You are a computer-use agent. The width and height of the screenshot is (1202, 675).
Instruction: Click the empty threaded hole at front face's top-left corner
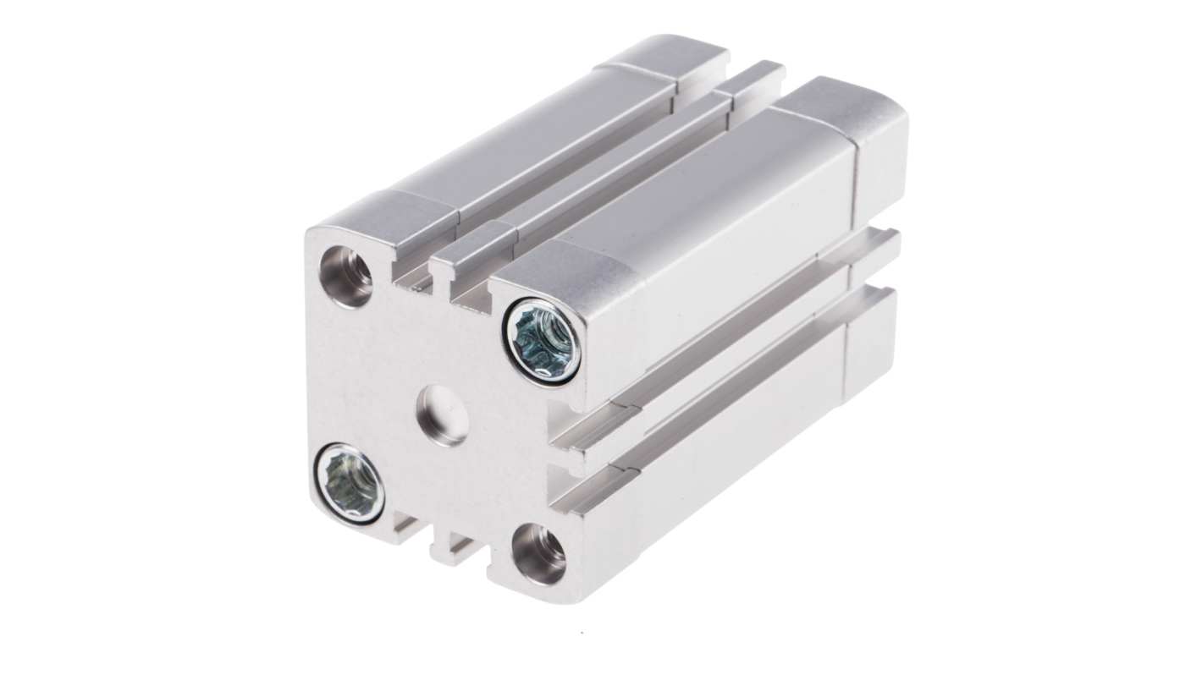click(x=345, y=276)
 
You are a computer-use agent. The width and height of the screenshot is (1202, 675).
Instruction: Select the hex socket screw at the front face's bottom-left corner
click(x=349, y=484)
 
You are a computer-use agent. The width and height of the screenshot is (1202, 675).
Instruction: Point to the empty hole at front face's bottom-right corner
click(x=540, y=555)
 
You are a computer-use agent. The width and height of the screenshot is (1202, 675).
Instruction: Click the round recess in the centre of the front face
click(x=442, y=414)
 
